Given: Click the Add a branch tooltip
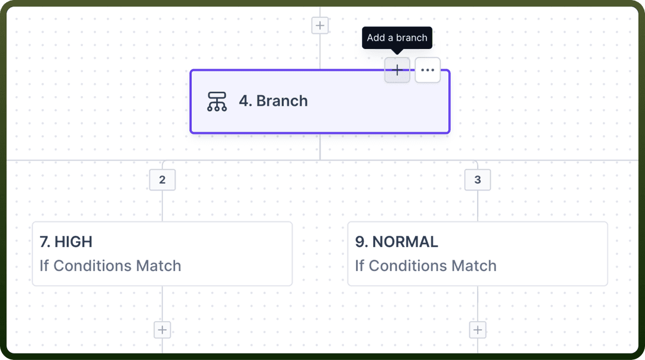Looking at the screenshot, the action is pyautogui.click(x=397, y=38).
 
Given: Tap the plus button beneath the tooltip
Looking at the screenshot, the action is pyautogui.click(x=397, y=70).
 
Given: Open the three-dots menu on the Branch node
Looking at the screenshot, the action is pyautogui.click(x=428, y=70).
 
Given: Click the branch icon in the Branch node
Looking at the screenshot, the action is pyautogui.click(x=217, y=101).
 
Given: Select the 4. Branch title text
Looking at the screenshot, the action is pyautogui.click(x=274, y=101).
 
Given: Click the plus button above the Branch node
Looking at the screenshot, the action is pyautogui.click(x=320, y=26).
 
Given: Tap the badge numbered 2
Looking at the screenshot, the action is pyautogui.click(x=162, y=180).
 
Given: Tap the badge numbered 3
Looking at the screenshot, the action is pyautogui.click(x=478, y=180).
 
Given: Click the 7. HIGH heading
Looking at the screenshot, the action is pyautogui.click(x=66, y=242).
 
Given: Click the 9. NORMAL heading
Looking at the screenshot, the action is pyautogui.click(x=397, y=242).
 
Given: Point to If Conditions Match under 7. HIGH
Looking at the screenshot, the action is pyautogui.click(x=110, y=266).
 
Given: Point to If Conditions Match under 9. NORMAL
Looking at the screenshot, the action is pyautogui.click(x=426, y=266).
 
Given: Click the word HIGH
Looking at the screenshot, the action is pyautogui.click(x=73, y=242).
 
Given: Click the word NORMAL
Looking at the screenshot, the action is pyautogui.click(x=405, y=242).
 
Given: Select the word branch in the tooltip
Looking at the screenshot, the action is pyautogui.click(x=411, y=38).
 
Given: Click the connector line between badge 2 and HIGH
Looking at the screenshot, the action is pyautogui.click(x=162, y=206).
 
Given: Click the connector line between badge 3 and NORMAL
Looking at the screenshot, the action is pyautogui.click(x=478, y=206).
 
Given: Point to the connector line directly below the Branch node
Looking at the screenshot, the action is pyautogui.click(x=320, y=147).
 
